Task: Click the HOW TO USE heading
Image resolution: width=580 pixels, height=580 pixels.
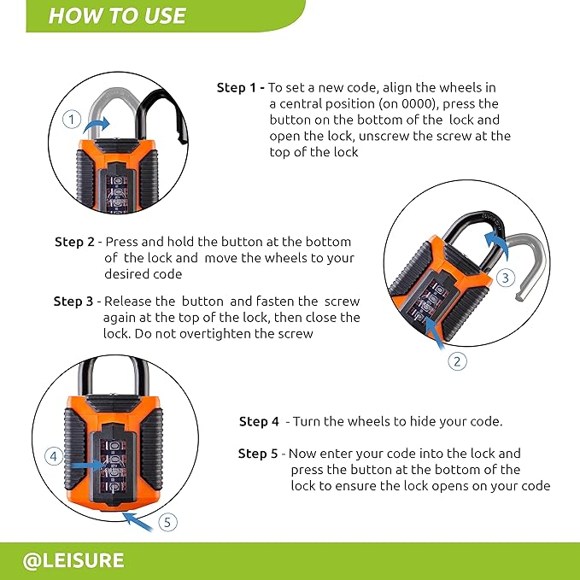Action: tap(117, 15)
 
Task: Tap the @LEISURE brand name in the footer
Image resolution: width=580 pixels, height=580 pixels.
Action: tap(73, 560)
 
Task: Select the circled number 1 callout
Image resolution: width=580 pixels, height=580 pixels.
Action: tap(72, 120)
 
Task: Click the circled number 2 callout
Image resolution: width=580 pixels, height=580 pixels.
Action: tap(457, 361)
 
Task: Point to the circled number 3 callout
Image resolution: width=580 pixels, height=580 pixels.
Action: tap(506, 278)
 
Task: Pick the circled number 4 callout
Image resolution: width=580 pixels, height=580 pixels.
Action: tap(54, 456)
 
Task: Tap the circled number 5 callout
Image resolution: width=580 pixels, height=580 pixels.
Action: tap(168, 522)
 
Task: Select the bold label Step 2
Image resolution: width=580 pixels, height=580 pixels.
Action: tap(74, 242)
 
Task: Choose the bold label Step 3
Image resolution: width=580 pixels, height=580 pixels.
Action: tap(73, 302)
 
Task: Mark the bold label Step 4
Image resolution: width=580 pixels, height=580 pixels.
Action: tap(259, 421)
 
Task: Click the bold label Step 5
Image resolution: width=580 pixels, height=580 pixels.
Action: tap(258, 454)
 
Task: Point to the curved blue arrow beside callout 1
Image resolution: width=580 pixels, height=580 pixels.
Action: tap(96, 124)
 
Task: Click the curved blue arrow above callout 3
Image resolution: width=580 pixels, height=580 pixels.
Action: tap(496, 243)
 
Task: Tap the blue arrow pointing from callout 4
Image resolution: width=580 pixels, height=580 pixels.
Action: tap(87, 465)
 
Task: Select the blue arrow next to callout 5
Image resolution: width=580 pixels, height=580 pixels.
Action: tap(138, 522)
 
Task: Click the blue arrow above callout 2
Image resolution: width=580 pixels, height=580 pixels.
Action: tap(435, 333)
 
